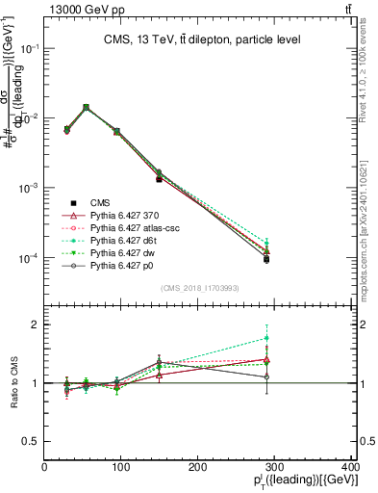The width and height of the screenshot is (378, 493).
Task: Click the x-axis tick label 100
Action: tap(121, 466)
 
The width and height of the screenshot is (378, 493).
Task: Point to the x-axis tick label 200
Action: tap(198, 466)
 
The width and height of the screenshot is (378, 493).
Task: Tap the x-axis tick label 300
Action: tap(275, 466)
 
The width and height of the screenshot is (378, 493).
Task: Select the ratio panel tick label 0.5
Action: tap(31, 441)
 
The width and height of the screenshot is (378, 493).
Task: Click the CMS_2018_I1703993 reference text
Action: tap(199, 288)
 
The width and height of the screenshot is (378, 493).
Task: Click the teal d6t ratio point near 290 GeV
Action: tap(279, 338)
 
